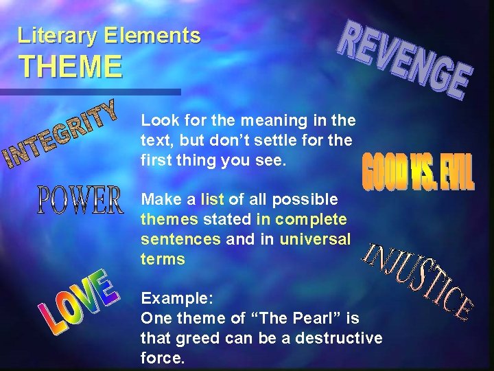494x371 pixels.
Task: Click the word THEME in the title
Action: click(x=71, y=67)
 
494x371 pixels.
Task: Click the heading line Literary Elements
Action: click(x=110, y=35)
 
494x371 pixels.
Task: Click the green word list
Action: click(x=212, y=200)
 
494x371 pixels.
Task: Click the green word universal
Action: click(x=322, y=239)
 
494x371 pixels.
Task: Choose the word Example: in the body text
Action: click(x=178, y=299)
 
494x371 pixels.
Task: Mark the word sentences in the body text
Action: click(x=180, y=239)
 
